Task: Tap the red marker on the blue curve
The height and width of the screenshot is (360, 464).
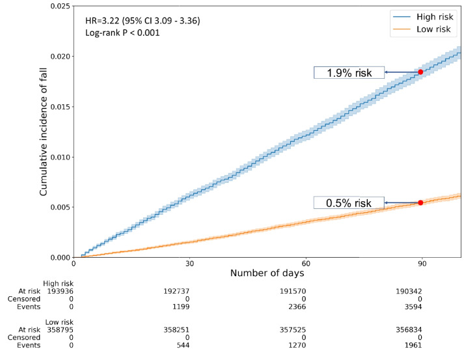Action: pos(420,72)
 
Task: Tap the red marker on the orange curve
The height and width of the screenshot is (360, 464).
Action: pos(420,202)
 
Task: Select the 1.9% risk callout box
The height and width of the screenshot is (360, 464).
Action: pos(349,72)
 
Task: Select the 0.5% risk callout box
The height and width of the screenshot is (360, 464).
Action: pos(349,203)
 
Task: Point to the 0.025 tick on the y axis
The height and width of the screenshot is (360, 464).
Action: pos(57,6)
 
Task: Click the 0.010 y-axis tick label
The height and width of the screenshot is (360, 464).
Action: pos(57,157)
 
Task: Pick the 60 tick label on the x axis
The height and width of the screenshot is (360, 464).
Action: pos(306,264)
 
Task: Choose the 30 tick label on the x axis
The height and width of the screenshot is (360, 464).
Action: pos(189,264)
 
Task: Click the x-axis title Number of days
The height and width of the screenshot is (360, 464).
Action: pos(267,273)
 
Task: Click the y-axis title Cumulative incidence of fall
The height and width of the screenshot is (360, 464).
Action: pos(44,132)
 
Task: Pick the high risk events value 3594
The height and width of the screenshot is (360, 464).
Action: pos(422,307)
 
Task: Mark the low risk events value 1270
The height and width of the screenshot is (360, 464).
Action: pos(306,346)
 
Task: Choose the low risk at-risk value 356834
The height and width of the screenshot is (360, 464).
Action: pos(422,330)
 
